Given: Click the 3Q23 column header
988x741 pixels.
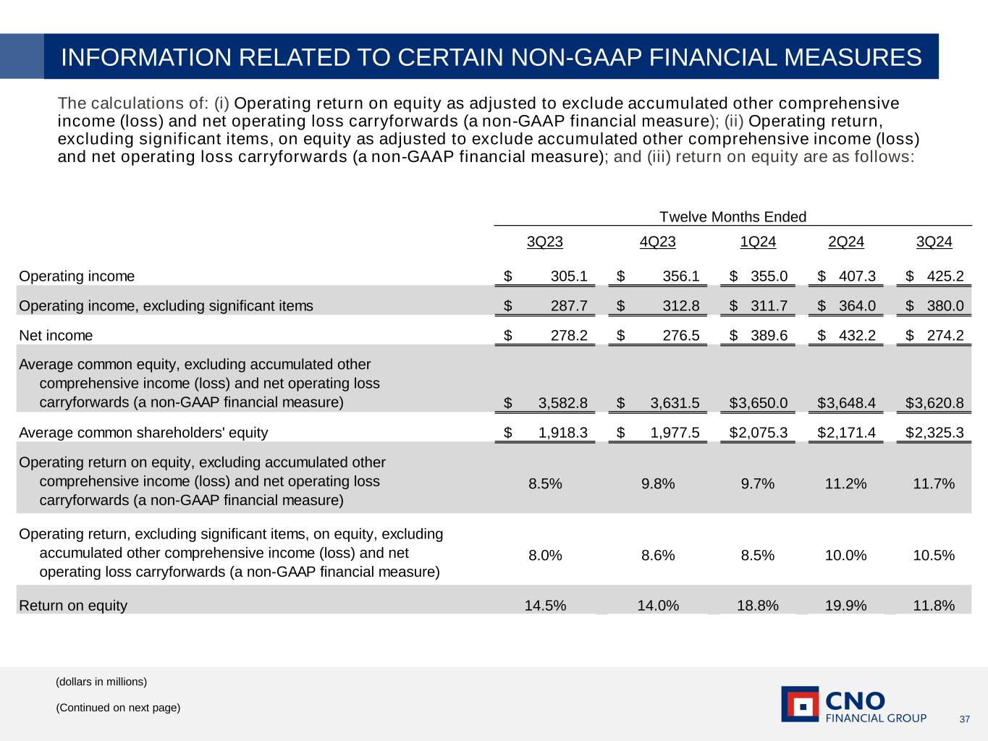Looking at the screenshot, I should point(544,242).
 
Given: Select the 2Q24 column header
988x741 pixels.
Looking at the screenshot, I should point(845,242).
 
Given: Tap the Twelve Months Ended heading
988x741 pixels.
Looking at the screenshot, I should point(732,217).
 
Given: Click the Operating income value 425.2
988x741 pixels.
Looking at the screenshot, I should point(945,276).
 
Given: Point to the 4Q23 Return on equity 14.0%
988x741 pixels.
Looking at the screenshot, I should point(658,605).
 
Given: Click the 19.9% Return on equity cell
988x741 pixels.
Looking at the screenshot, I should point(845,605).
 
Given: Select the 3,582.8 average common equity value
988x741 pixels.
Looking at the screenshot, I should point(562,402).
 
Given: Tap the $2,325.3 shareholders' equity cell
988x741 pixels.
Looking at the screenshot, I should point(934,433).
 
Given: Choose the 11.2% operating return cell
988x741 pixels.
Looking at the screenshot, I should point(845,483).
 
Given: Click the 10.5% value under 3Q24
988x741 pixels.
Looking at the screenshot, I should point(934,555).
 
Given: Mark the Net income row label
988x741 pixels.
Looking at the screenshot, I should point(56,335).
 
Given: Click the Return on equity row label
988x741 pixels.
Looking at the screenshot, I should point(73,606).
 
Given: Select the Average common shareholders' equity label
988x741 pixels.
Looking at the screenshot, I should point(143,433).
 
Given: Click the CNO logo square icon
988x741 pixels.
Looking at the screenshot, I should point(800,704).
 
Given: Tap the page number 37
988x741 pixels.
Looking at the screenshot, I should point(964,719).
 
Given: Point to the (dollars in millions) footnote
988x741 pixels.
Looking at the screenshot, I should point(101,682).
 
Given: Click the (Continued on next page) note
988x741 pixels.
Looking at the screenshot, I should point(118,708).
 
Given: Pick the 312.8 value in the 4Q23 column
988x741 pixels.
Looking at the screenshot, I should point(681,305).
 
